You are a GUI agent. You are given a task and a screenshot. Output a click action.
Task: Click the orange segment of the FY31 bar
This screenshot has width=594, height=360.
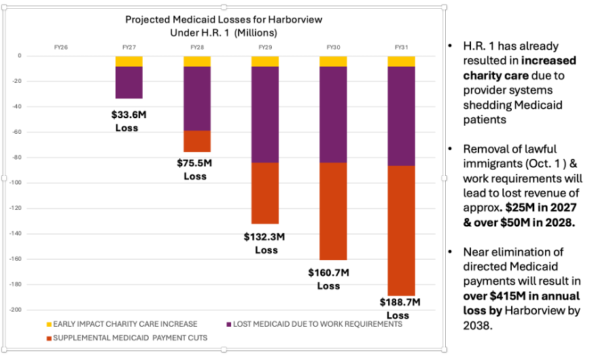click(401, 230)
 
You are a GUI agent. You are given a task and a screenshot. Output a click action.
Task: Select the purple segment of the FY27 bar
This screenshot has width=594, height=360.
click(129, 82)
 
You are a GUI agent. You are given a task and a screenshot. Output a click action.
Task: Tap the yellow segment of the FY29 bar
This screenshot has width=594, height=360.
click(265, 61)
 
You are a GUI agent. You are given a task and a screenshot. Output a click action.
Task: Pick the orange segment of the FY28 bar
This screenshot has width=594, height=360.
click(197, 141)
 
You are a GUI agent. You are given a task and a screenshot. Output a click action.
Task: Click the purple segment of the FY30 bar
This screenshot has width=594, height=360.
click(333, 115)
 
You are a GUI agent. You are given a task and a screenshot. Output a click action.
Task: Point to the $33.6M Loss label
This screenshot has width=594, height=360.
click(128, 121)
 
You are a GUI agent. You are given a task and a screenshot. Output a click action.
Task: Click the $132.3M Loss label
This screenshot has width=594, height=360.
click(264, 243)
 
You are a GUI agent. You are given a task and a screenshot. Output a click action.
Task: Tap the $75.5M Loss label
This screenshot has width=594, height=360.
click(195, 170)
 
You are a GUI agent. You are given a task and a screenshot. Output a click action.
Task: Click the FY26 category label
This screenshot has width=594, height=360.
click(61, 48)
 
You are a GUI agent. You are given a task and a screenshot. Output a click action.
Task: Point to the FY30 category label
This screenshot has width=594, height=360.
click(334, 48)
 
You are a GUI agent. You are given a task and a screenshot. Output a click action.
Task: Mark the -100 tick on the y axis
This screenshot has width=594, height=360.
click(16, 183)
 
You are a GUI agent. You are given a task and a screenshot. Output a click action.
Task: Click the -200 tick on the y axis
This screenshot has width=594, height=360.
click(16, 310)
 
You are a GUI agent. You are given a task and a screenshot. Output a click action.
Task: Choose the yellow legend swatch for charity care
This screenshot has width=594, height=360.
click(49, 325)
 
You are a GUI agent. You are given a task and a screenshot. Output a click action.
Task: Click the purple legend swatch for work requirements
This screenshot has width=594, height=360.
click(229, 325)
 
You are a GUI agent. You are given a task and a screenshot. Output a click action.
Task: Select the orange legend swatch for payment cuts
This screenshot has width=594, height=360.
click(49, 338)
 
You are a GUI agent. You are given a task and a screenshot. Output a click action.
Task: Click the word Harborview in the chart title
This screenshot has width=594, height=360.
click(295, 20)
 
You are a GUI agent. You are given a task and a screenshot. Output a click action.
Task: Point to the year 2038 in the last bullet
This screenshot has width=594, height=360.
click(477, 325)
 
